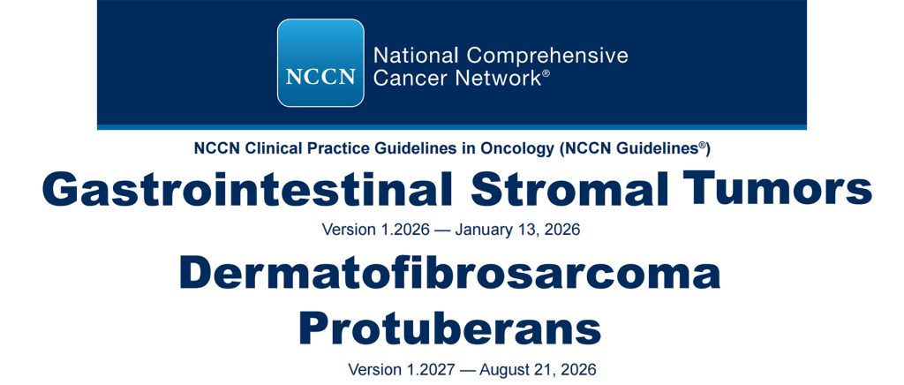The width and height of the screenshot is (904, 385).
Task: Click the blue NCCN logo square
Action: pos(320,63)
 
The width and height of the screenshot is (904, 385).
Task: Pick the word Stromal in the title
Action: pos(569,190)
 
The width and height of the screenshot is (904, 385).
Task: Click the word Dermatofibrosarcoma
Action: pos(450,273)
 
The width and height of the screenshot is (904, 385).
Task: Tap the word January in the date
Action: pos(484,230)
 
